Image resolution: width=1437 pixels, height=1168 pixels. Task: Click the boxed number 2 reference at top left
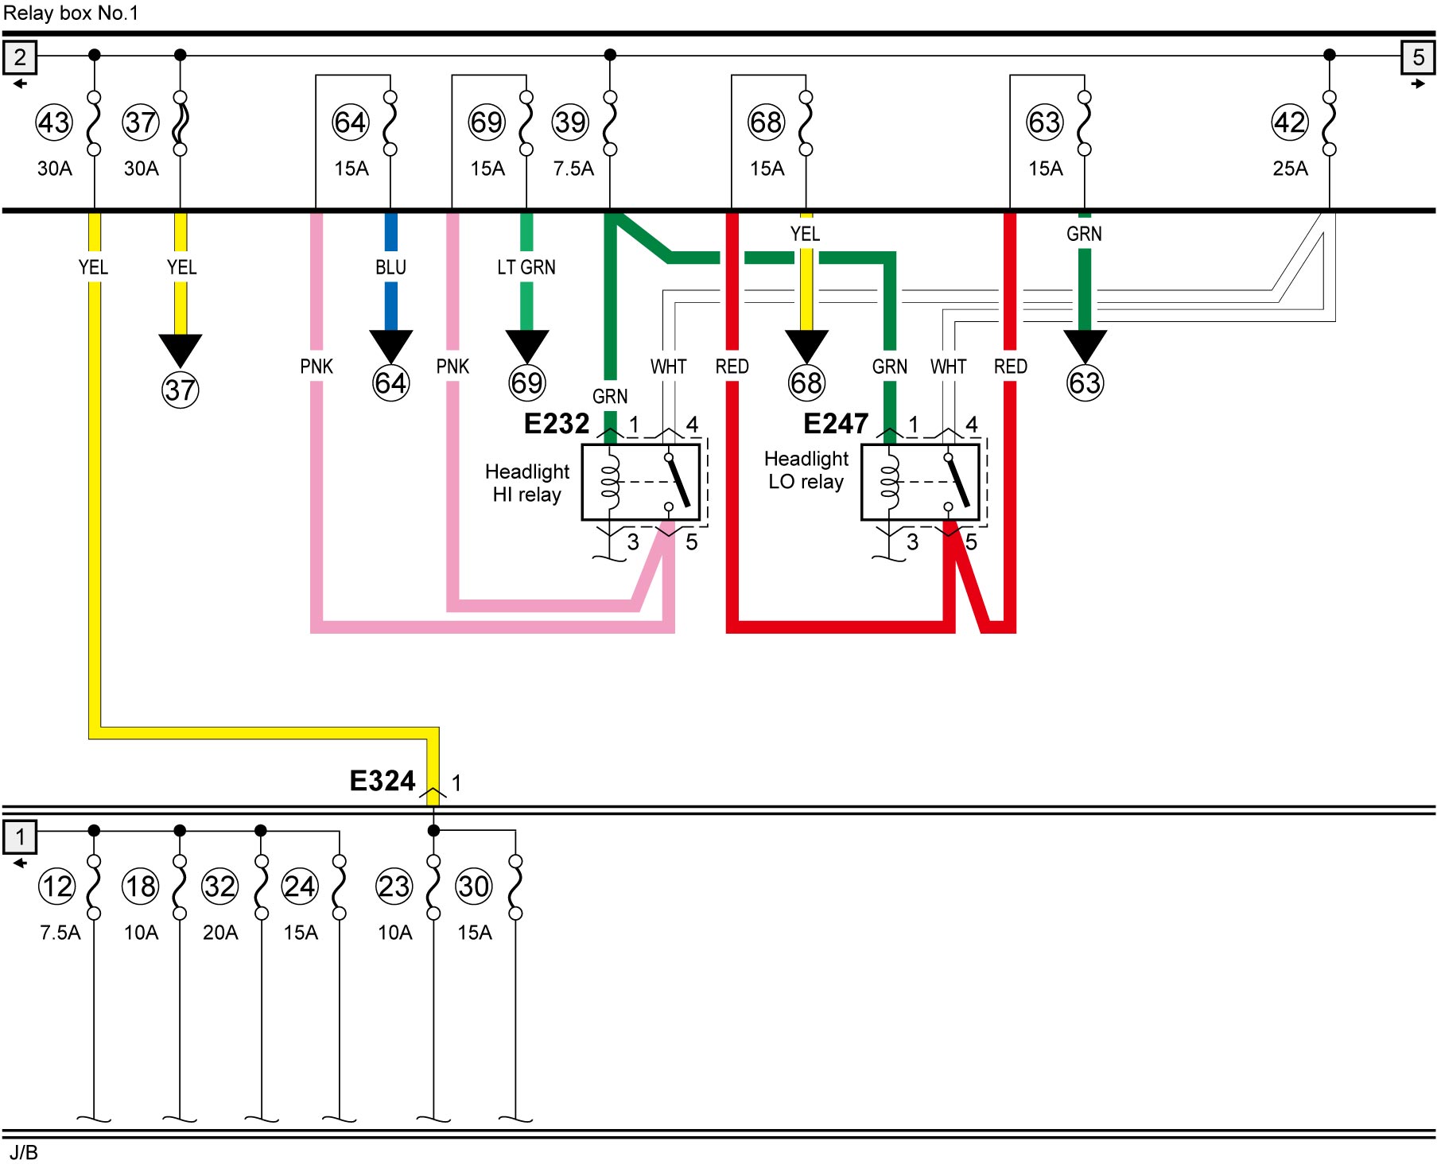(20, 57)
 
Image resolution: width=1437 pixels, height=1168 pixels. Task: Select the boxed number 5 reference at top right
(1418, 57)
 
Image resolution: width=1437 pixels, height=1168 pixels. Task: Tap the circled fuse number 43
(54, 122)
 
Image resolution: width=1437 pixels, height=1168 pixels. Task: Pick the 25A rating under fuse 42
(1290, 169)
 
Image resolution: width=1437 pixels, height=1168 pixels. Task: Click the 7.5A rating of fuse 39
(573, 169)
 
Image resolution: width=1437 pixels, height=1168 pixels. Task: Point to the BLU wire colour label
(390, 267)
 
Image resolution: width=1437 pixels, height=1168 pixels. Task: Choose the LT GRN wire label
(526, 267)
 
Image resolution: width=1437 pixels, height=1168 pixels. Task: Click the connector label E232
(557, 424)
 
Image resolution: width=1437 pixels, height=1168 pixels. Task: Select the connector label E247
(836, 424)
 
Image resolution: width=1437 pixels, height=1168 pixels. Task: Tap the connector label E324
(383, 781)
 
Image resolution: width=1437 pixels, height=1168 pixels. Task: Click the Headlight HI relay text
(527, 483)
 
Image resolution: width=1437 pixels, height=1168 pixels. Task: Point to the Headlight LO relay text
(806, 470)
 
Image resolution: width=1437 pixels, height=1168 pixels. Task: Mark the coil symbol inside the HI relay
(610, 481)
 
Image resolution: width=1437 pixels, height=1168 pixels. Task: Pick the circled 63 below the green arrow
(1085, 383)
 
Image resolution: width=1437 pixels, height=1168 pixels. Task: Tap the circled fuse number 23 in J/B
(394, 887)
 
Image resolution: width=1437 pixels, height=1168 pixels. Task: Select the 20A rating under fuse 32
(220, 933)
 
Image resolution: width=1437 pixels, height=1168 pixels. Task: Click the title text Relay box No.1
(71, 13)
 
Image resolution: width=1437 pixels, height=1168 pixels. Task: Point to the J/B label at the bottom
(24, 1153)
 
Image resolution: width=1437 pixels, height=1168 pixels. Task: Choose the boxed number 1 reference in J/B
(20, 837)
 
